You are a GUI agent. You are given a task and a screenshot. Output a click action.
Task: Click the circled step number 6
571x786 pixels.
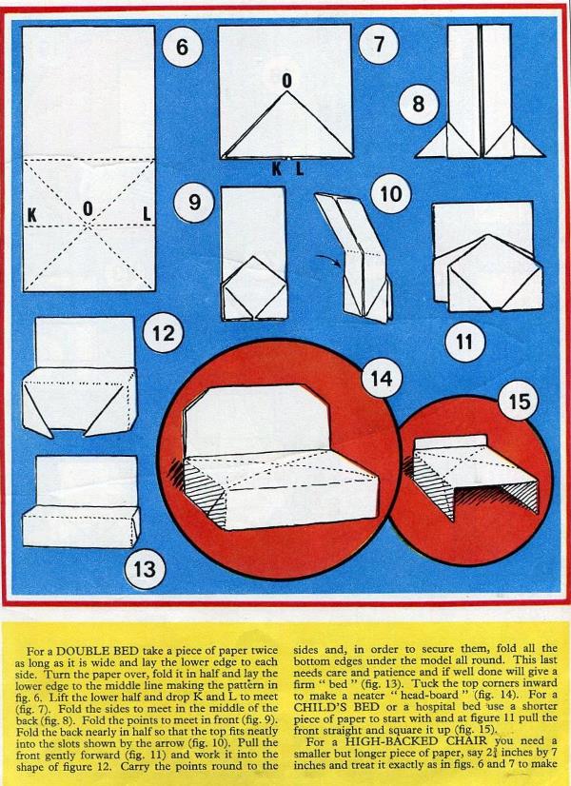[182, 48]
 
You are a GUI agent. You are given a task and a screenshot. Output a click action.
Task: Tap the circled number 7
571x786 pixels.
[379, 44]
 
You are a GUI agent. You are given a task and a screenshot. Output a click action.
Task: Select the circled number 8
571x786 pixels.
[419, 105]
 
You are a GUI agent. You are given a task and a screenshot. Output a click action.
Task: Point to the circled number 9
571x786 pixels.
[194, 202]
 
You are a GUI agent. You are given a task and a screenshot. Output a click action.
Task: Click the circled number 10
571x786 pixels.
[391, 193]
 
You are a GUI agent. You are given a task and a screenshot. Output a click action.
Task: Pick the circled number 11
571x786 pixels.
[465, 342]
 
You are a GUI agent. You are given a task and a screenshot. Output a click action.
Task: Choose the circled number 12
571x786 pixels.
[163, 333]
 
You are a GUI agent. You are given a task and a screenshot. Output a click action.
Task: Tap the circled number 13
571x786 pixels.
[145, 569]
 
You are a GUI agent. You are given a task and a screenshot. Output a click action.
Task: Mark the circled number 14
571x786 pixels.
[382, 378]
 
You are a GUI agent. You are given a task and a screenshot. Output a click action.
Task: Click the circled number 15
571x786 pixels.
[519, 401]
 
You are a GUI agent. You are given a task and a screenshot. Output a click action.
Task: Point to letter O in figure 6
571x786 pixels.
[89, 208]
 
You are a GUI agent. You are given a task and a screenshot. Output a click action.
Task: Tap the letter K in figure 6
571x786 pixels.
[32, 215]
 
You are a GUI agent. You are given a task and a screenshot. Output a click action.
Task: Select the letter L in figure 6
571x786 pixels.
[147, 214]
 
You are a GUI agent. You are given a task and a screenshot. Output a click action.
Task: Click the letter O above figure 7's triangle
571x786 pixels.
[286, 81]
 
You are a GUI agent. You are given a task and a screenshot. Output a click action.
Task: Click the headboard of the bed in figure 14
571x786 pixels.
[256, 421]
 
